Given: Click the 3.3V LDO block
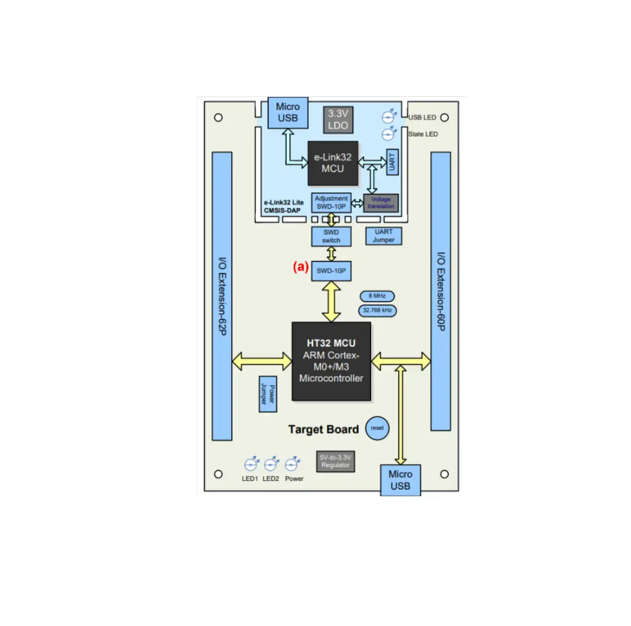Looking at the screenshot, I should (x=337, y=120).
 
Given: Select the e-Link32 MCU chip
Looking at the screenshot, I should (x=333, y=163).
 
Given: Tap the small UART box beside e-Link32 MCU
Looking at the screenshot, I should (x=392, y=162).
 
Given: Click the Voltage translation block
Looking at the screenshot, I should (x=381, y=202).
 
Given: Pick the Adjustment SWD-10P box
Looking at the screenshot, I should (x=331, y=202).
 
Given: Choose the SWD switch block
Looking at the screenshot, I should (x=331, y=236).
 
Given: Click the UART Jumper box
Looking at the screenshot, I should (x=384, y=236).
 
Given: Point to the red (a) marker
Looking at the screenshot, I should (x=300, y=268).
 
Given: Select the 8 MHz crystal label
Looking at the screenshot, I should (x=377, y=296).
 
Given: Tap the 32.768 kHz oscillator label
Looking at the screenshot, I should (x=377, y=311).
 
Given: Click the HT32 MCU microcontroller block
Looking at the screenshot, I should (x=331, y=361).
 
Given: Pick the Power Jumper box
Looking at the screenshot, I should (x=266, y=394).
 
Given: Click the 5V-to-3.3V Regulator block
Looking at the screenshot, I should (x=335, y=461).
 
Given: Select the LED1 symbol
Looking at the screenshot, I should (x=251, y=464).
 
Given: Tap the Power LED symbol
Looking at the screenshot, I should (x=293, y=464).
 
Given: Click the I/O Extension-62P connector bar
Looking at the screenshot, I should (x=222, y=296).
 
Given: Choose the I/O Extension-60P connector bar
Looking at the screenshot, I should (x=441, y=291).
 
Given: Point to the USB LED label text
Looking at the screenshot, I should (x=422, y=117).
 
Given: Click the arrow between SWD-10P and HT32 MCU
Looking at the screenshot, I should (x=331, y=302).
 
